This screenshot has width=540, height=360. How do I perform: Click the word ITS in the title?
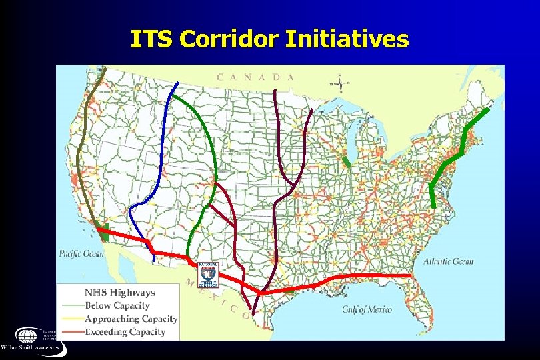point(152,40)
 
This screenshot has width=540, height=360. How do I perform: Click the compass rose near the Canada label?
point(340,83)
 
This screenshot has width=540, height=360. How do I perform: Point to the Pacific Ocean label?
point(81,253)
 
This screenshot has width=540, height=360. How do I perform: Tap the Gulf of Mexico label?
point(367,309)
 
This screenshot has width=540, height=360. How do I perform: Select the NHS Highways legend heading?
point(119,292)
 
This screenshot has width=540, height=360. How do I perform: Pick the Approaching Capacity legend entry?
point(131,319)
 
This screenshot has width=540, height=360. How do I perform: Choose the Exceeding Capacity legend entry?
point(125,331)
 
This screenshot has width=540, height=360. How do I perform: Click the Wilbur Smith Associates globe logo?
point(27,335)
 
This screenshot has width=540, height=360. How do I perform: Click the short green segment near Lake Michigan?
point(346,161)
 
